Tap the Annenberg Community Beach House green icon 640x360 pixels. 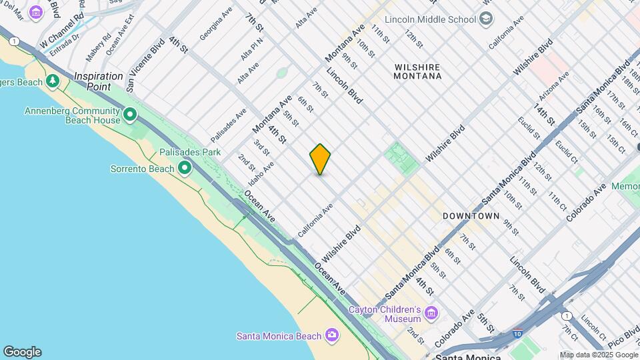[x=130, y=115]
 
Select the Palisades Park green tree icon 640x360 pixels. [x=184, y=167]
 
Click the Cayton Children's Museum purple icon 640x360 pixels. [x=431, y=313]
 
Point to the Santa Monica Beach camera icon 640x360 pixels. [x=331, y=335]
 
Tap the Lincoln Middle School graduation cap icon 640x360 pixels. [x=486, y=18]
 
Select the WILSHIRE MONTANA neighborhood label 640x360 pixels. [x=418, y=71]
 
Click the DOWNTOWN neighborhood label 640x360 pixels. [x=471, y=216]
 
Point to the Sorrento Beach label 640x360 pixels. [x=141, y=168]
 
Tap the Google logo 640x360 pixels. [x=21, y=352]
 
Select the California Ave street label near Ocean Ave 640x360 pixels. [x=315, y=221]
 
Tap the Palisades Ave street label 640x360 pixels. [x=229, y=125]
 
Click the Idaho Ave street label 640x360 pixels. [x=261, y=173]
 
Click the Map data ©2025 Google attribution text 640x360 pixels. [x=598, y=355]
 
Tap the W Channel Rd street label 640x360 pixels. [x=61, y=31]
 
